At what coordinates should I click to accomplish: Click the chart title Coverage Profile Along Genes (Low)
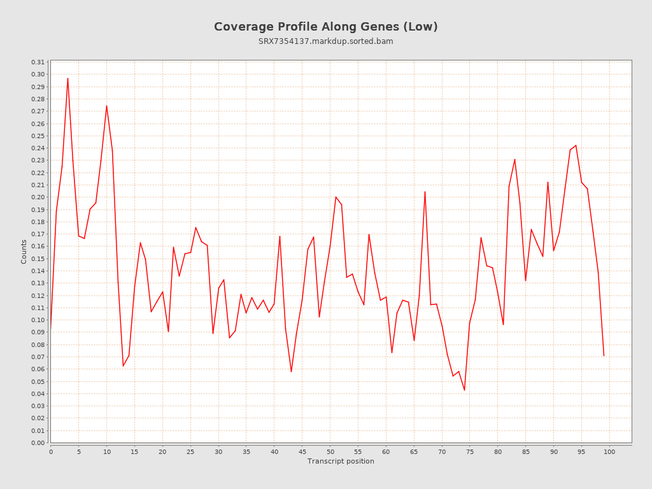[x=325, y=27]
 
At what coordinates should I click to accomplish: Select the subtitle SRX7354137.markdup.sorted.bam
[x=325, y=41]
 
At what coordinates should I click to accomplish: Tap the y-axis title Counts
[x=24, y=252]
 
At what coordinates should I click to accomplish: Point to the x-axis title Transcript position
[x=341, y=461]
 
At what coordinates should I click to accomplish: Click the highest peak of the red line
[x=67, y=78]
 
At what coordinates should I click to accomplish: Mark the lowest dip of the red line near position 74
[x=464, y=390]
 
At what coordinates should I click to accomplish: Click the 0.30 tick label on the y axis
[x=38, y=74]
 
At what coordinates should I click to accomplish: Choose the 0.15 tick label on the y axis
[x=38, y=259]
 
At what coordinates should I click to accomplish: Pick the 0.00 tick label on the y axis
[x=38, y=443]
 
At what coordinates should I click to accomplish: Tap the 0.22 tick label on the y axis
[x=38, y=173]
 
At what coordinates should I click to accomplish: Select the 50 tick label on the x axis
[x=330, y=451]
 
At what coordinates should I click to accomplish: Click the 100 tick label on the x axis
[x=609, y=451]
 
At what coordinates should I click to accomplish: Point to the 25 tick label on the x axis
[x=190, y=451]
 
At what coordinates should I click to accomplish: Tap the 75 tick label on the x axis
[x=470, y=451]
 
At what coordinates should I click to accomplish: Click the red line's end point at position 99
[x=604, y=355]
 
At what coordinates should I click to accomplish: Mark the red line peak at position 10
[x=106, y=106]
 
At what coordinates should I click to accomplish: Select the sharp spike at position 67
[x=425, y=192]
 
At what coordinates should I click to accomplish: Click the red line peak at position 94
[x=576, y=145]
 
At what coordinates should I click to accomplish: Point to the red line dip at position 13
[x=123, y=365]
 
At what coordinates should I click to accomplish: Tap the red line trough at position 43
[x=291, y=371]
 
